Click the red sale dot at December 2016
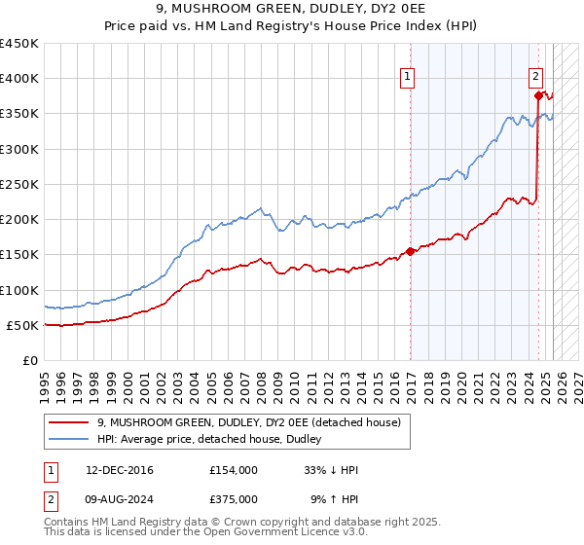[x=410, y=251]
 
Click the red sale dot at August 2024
[x=537, y=95]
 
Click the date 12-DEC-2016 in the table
[x=120, y=469]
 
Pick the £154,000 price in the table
[x=234, y=469]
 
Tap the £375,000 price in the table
[x=234, y=498]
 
